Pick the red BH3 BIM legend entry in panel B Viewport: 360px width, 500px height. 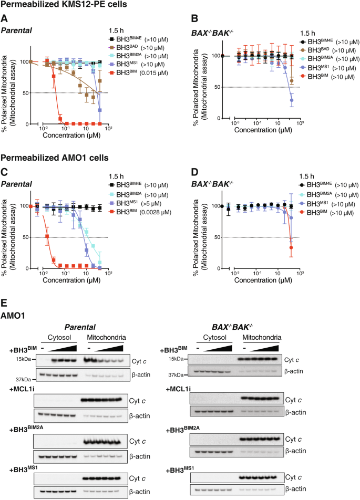(x=319, y=77)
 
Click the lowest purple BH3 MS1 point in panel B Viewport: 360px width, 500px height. (x=292, y=100)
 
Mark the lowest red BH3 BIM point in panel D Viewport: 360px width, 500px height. (x=291, y=248)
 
